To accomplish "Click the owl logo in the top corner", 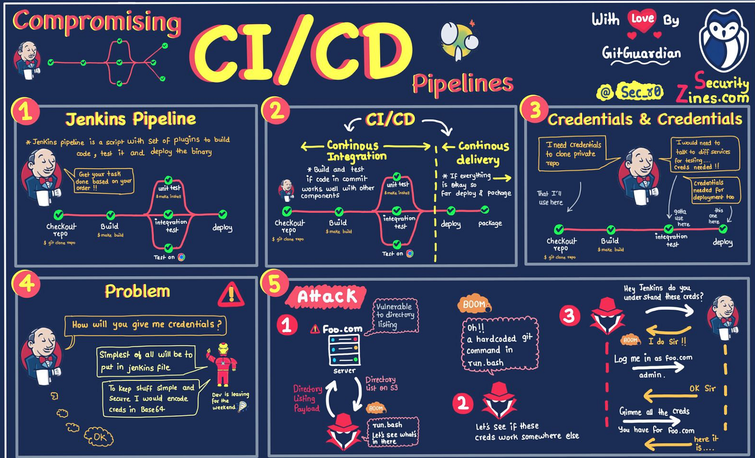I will [x=724, y=40].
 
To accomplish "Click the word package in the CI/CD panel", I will [x=489, y=223].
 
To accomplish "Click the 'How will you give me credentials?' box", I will [x=145, y=325].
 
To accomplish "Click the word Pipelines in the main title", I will [x=462, y=84].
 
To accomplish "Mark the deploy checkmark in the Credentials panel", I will [x=723, y=229].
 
